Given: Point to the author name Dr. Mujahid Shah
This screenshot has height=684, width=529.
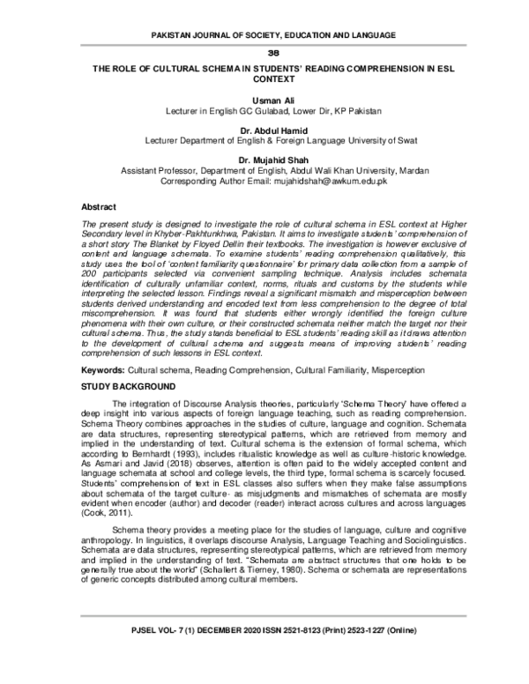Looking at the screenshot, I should [x=264, y=160].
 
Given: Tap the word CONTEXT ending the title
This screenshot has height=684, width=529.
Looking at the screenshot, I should [x=264, y=77].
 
